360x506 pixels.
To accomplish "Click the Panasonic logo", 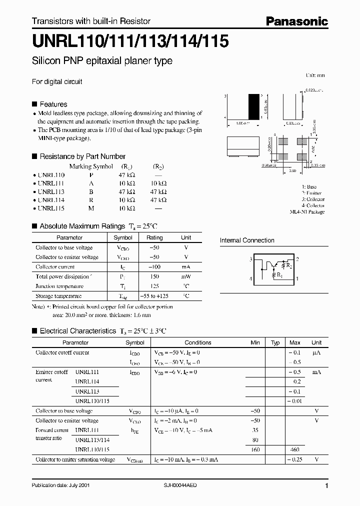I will click(x=296, y=21).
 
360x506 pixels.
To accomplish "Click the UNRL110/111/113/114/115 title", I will click(x=130, y=41).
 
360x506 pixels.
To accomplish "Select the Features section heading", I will click(x=53, y=104).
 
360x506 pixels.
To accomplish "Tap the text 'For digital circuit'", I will click(x=57, y=81).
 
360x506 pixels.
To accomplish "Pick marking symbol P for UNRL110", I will click(x=90, y=175).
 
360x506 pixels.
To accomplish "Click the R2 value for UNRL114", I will click(x=158, y=199).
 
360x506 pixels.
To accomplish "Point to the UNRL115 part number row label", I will click(x=51, y=207).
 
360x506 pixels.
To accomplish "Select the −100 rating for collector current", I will click(x=154, y=267).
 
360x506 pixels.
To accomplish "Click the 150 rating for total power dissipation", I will click(x=154, y=276).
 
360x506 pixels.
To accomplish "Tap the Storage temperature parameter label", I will click(x=58, y=296).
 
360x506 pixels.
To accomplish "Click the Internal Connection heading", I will click(x=247, y=240).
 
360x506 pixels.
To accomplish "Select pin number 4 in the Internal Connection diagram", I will click(x=250, y=278).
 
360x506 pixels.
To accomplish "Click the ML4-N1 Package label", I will click(x=307, y=212).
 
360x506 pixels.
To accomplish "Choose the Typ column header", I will click(x=275, y=342).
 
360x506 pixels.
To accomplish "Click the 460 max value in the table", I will click(x=294, y=449).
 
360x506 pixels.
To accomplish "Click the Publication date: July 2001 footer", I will click(x=60, y=485).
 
